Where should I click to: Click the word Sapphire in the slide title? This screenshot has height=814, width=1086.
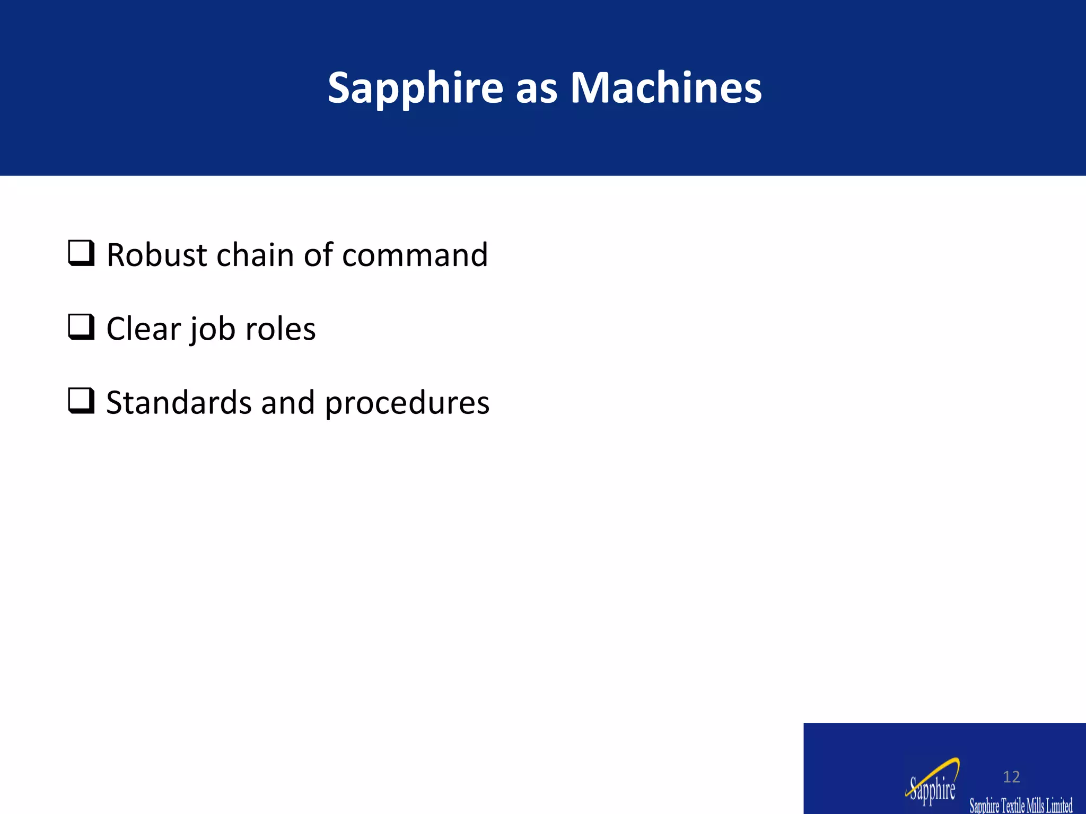[x=415, y=88]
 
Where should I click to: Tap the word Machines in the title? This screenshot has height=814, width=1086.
[x=665, y=88]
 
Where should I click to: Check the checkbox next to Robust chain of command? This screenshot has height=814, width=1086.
[x=81, y=253]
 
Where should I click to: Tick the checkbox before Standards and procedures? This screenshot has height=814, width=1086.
[x=81, y=401]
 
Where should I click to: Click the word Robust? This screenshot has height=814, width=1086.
[x=156, y=255]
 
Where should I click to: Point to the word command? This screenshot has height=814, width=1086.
[x=415, y=255]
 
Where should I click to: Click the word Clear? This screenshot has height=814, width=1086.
[x=143, y=329]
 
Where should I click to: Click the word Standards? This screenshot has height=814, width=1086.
[x=179, y=403]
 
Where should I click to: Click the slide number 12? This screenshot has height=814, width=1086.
[x=1011, y=777]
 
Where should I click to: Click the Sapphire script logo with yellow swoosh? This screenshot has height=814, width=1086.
[x=932, y=789]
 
